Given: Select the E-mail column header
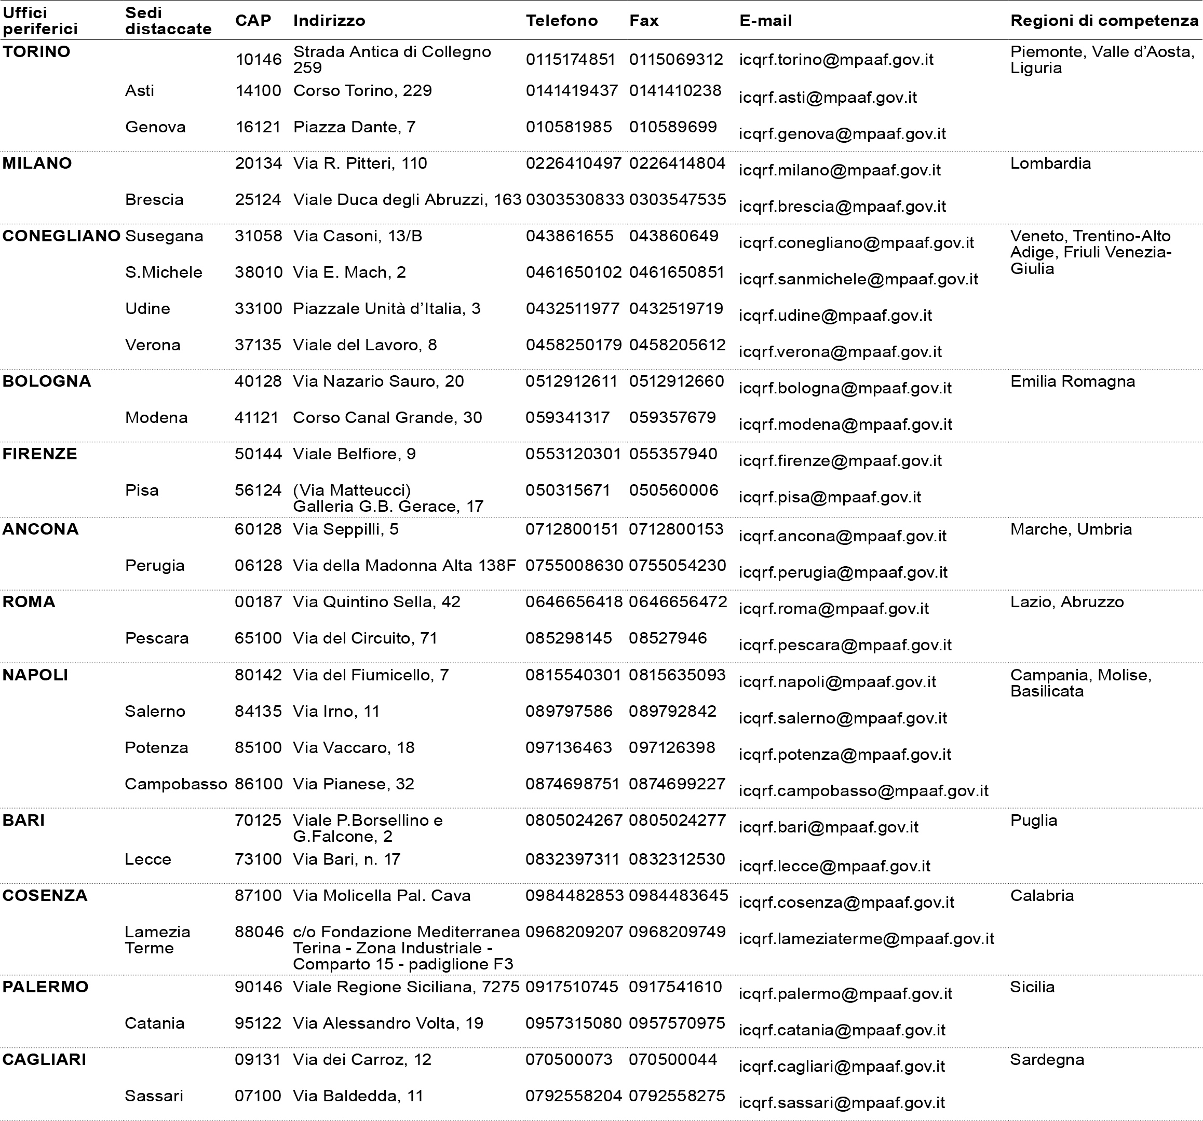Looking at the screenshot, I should pos(765,21).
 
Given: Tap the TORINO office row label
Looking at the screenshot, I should pos(36,51).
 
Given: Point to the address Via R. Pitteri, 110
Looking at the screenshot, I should pos(360,163).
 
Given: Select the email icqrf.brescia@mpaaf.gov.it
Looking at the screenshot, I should pos(842,207).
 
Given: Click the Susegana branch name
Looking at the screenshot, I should pos(164,236).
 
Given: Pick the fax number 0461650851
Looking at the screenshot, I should pos(677,272).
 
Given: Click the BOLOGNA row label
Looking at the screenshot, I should pos(47,381).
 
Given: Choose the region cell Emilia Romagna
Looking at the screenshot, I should pos(1072,381).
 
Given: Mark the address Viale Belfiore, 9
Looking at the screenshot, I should pos(355,454).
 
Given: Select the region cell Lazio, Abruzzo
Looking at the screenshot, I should pos(1067,602).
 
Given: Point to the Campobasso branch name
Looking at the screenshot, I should pos(175,784).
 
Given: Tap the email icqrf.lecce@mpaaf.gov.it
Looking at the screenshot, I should pos(834,866).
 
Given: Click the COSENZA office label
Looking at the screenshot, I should pos(45,895).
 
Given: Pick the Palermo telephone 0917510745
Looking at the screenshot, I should pos(571,987).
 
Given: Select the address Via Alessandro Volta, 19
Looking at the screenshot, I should pos(388,1023).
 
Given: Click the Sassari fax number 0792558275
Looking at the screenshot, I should pos(677,1096).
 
